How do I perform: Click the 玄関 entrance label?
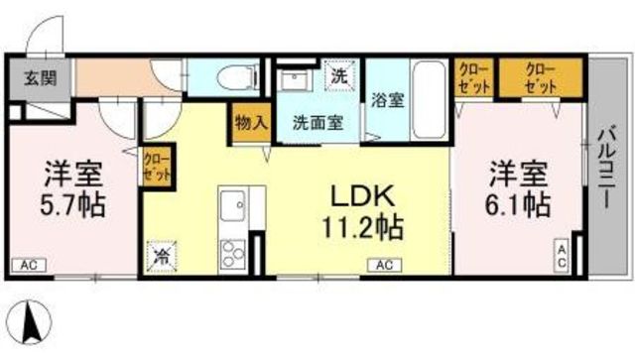pyautogui.click(x=40, y=78)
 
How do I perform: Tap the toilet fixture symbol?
pyautogui.click(x=238, y=77)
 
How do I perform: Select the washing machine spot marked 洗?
pyautogui.click(x=339, y=75)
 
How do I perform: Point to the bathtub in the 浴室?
pyautogui.click(x=429, y=100)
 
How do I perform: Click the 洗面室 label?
pyautogui.click(x=318, y=122)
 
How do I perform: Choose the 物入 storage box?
pyautogui.click(x=251, y=123)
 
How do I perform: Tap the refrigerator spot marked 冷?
pyautogui.click(x=162, y=256)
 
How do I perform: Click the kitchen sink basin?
pyautogui.click(x=232, y=205)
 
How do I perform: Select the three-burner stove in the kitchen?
pyautogui.click(x=233, y=254)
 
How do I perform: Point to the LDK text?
pyautogui.click(x=362, y=197)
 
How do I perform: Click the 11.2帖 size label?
pyautogui.click(x=362, y=227)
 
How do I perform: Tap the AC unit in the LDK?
pyautogui.click(x=384, y=265)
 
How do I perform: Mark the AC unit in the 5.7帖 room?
pyautogui.click(x=29, y=265)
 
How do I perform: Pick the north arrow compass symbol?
pyautogui.click(x=31, y=322)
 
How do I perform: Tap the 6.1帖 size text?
pyautogui.click(x=518, y=205)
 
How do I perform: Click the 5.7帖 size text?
pyautogui.click(x=72, y=205)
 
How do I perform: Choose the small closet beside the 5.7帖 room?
pyautogui.click(x=157, y=167)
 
